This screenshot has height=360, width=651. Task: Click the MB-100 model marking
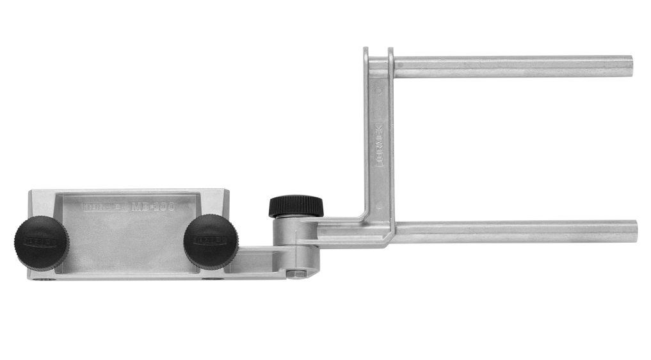click(152, 207)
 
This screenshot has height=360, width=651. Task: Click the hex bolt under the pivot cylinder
click(295, 275)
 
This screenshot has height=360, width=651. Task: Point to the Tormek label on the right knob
click(208, 240)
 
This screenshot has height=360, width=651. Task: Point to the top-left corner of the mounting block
click(31, 193)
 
